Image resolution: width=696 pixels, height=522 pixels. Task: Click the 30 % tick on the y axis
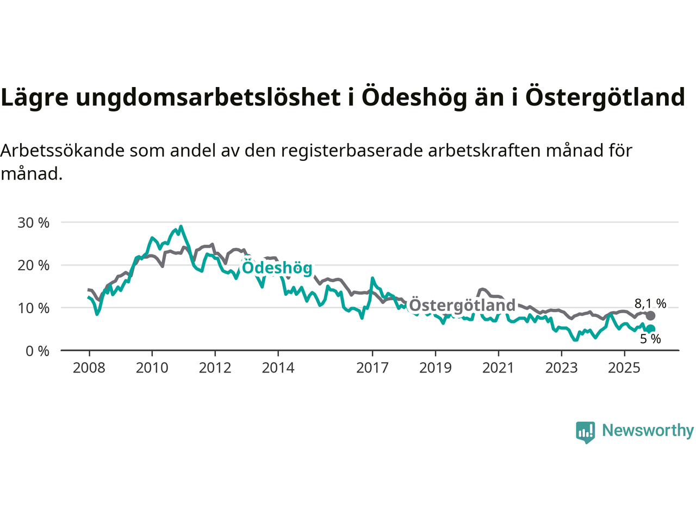(x=34, y=222)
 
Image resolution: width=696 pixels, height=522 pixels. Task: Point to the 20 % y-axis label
(x=34, y=265)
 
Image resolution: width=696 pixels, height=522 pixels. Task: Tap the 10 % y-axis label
(x=34, y=308)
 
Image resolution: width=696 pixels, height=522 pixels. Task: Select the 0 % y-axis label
(x=38, y=351)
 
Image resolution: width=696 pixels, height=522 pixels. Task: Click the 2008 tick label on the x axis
(x=89, y=368)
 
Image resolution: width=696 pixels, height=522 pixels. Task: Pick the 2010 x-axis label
(x=152, y=368)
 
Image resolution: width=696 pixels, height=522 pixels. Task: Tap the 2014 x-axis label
(x=278, y=368)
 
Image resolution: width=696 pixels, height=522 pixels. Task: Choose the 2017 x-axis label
(x=372, y=368)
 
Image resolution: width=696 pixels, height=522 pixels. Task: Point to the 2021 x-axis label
(x=498, y=368)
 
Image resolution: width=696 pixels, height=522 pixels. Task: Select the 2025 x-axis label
(x=624, y=368)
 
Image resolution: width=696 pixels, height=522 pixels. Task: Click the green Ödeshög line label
(x=277, y=268)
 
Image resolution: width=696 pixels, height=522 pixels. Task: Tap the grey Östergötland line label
(x=462, y=305)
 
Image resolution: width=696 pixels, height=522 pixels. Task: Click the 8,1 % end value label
(x=650, y=303)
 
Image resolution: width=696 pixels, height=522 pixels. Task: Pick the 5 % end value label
(x=650, y=339)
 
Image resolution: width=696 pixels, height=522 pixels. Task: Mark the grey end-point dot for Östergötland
(x=650, y=316)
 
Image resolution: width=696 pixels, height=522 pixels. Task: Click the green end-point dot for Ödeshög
(x=650, y=328)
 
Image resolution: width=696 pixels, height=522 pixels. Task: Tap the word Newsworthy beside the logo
(x=648, y=430)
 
